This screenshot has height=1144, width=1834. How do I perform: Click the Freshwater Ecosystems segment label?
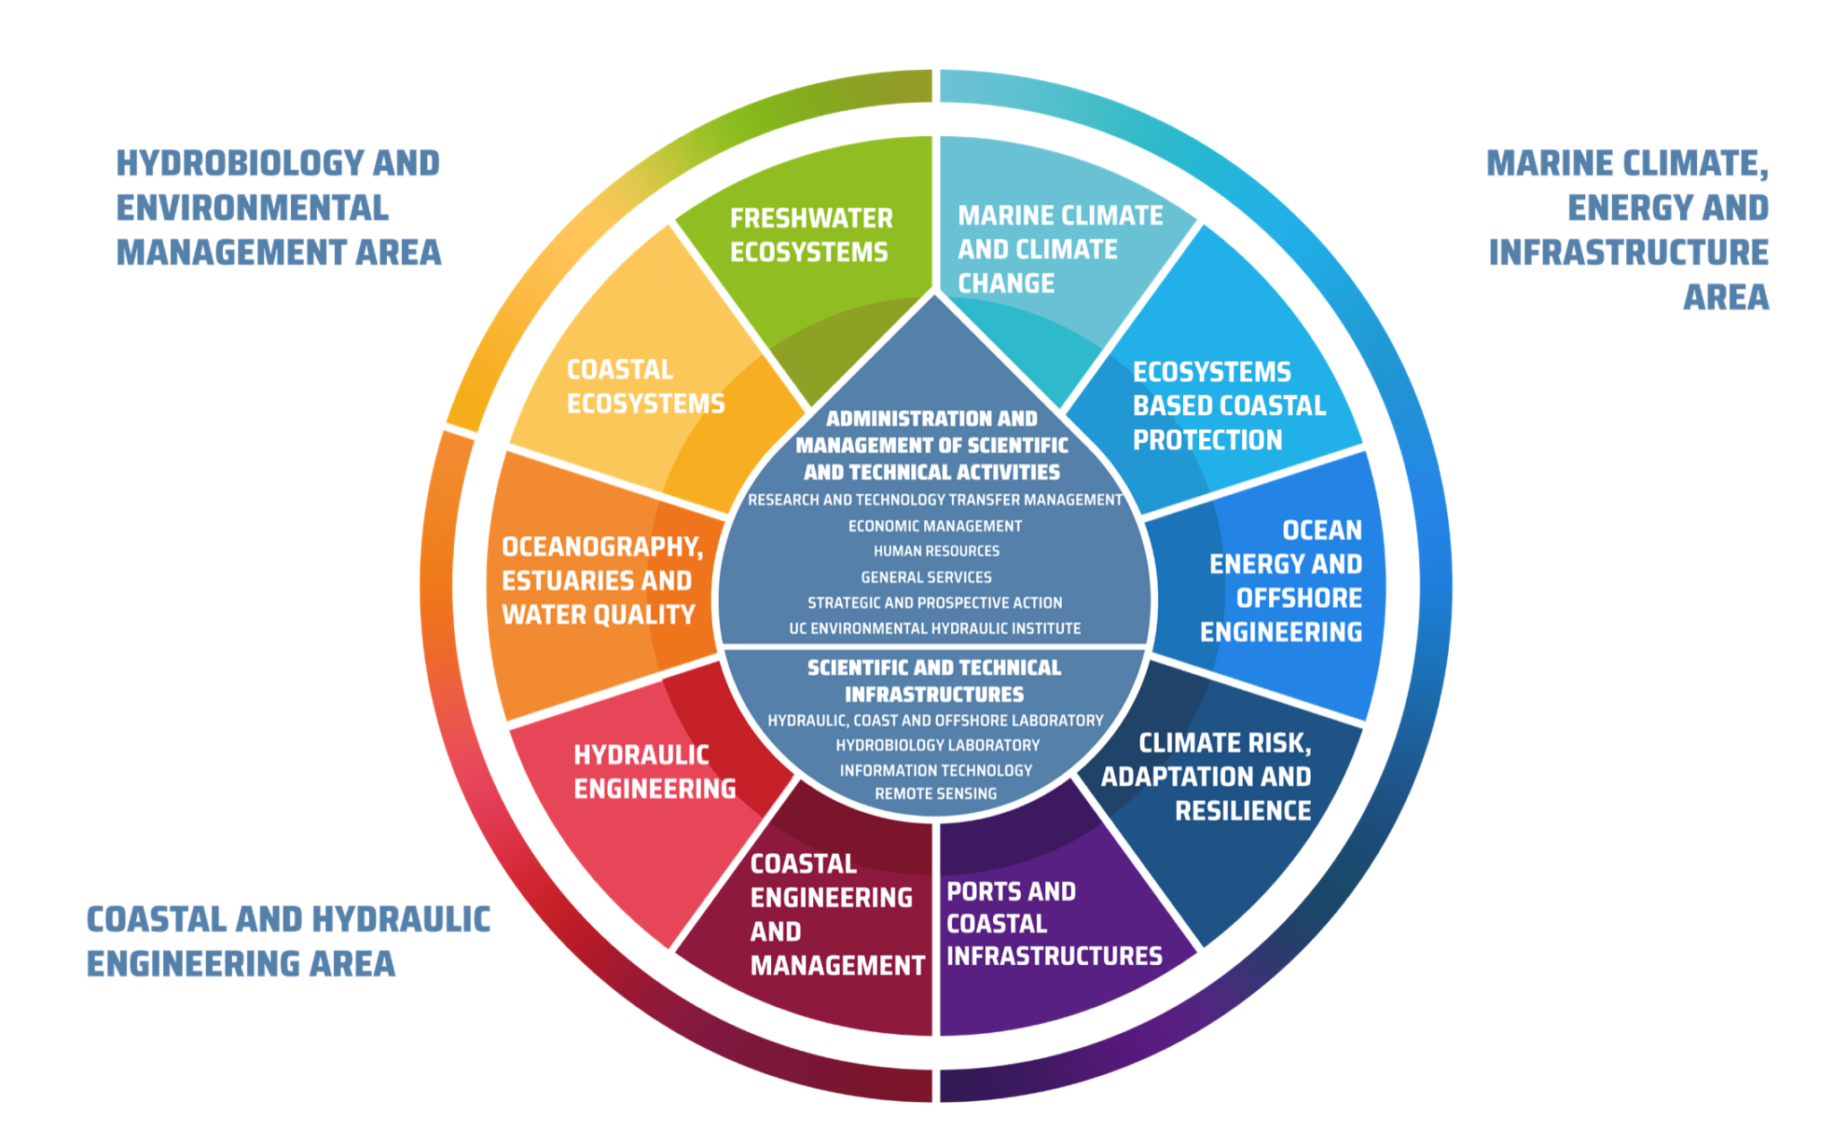click(811, 235)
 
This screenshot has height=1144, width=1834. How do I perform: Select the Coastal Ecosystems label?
click(646, 387)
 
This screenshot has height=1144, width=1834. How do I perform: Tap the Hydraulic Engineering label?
click(655, 772)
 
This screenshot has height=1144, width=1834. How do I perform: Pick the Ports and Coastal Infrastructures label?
click(1054, 924)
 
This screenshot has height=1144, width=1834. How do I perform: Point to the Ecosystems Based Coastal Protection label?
click(1230, 406)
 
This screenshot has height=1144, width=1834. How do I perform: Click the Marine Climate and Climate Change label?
click(1060, 249)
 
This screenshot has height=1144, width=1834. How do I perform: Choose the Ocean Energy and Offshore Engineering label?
click(1281, 581)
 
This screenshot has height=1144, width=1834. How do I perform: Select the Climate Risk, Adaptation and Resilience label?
click(1206, 776)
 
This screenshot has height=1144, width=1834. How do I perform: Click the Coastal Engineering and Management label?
click(837, 914)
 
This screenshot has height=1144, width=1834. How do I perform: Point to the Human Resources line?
click(936, 551)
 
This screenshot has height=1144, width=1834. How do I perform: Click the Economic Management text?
click(935, 526)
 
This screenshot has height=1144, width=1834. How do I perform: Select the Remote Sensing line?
click(936, 794)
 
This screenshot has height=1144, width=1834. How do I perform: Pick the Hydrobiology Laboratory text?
click(938, 745)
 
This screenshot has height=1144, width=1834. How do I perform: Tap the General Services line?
click(926, 577)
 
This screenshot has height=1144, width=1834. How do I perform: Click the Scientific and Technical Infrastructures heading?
click(934, 681)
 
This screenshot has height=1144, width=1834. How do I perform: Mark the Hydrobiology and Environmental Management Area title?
click(279, 208)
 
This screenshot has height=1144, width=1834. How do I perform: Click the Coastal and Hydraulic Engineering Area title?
click(288, 942)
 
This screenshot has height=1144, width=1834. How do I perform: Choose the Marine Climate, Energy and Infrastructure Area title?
click(1628, 230)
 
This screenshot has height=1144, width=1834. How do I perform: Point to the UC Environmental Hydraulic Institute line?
click(935, 628)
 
